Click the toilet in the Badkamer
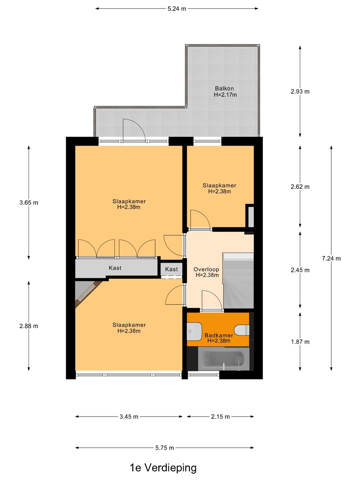(242, 330)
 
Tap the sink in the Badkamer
(194, 332)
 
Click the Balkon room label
(224, 89)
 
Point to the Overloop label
(206, 269)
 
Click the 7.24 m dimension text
(331, 258)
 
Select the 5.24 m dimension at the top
(177, 9)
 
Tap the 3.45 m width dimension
(129, 417)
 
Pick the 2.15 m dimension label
(220, 417)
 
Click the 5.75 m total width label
(165, 448)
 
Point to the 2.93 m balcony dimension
(300, 91)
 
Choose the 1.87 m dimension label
(300, 342)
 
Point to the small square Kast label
(171, 269)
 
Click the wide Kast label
(115, 268)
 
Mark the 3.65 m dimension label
(29, 203)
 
